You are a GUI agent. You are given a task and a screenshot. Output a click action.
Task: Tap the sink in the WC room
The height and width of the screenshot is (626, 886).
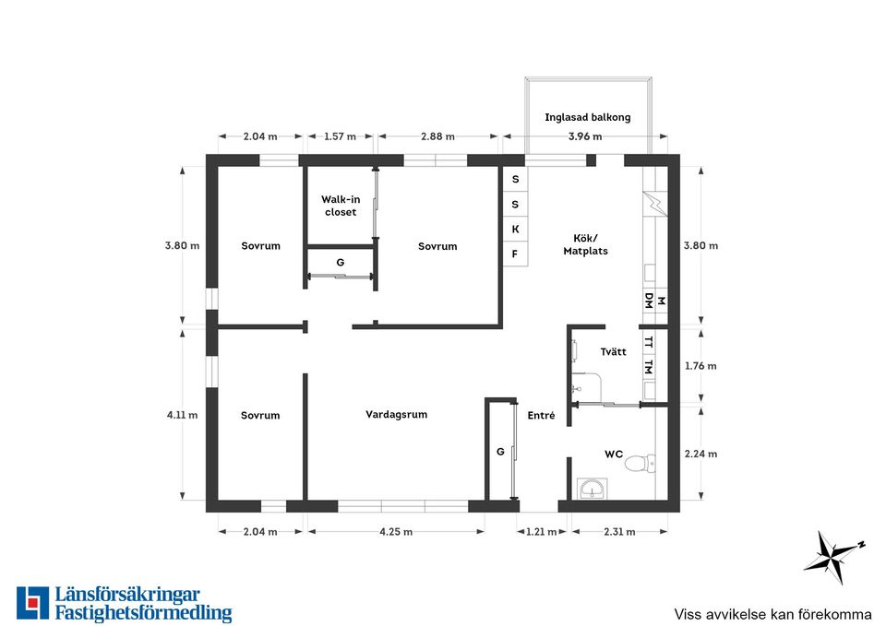point(592,489)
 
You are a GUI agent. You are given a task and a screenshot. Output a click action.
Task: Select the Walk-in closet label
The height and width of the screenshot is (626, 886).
point(341,206)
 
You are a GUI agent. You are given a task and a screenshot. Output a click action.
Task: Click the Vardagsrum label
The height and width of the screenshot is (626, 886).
point(396,414)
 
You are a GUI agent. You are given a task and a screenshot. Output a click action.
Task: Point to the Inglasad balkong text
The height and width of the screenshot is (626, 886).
point(588,117)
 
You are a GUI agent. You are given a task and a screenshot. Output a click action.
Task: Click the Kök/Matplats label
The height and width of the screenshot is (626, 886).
point(585,244)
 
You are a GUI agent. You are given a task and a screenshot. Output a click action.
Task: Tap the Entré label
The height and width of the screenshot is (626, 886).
point(541,416)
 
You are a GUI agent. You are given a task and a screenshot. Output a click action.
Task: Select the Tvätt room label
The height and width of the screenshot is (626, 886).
point(613,351)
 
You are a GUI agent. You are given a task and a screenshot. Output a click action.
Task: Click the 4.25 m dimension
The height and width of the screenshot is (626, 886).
point(396,532)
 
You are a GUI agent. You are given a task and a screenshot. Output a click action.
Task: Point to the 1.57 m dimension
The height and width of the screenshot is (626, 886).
point(340,136)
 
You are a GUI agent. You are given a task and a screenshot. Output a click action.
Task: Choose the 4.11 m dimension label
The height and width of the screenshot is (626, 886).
point(182,415)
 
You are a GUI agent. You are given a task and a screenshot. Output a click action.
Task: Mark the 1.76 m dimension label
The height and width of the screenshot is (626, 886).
point(700,366)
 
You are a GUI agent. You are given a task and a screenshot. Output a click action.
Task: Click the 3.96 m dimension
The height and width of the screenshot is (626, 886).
point(585,136)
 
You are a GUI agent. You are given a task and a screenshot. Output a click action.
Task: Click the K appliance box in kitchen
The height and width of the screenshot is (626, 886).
point(515,230)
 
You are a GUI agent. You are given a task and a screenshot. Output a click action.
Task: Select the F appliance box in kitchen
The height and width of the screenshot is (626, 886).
point(515,254)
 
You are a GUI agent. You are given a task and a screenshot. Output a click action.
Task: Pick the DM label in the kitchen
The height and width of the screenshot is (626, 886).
point(649,301)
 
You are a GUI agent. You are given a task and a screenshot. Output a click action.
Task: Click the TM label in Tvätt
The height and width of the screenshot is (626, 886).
point(649,367)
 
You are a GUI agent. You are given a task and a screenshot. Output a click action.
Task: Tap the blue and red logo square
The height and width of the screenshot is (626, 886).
point(33,603)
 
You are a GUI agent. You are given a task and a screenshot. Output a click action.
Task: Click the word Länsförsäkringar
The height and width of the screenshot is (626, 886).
point(127,595)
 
